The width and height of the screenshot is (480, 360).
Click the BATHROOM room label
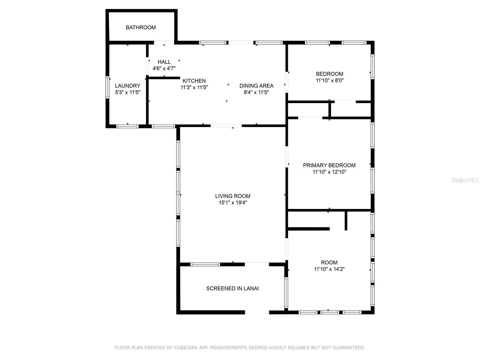pos(141,28)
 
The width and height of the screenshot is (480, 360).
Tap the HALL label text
pos(164,62)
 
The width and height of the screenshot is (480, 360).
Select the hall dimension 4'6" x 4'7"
pos(164,68)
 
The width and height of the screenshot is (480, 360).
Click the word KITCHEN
pos(194,81)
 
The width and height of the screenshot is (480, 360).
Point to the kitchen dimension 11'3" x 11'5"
pos(194,87)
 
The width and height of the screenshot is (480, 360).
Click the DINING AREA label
pos(256,86)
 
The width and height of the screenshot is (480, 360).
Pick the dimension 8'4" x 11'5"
pos(256,92)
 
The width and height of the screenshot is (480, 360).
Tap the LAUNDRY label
pos(127,86)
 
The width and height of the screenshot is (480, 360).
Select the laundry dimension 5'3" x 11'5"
pos(127,92)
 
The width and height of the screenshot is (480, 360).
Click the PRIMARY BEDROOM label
pos(329,165)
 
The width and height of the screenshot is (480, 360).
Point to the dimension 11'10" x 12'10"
pos(329,172)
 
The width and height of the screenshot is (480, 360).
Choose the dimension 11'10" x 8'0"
pos(329,80)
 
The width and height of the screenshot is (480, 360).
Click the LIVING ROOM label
pos(233,196)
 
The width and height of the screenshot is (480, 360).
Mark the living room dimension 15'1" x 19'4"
pos(233,202)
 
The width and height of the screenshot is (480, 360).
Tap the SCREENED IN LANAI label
pos(232,289)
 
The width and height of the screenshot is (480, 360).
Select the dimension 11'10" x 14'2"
pos(329,269)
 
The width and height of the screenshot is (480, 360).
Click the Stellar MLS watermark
pos(465,180)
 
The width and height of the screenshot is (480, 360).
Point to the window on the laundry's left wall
pos(107,87)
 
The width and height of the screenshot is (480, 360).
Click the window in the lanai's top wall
pos(205,264)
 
